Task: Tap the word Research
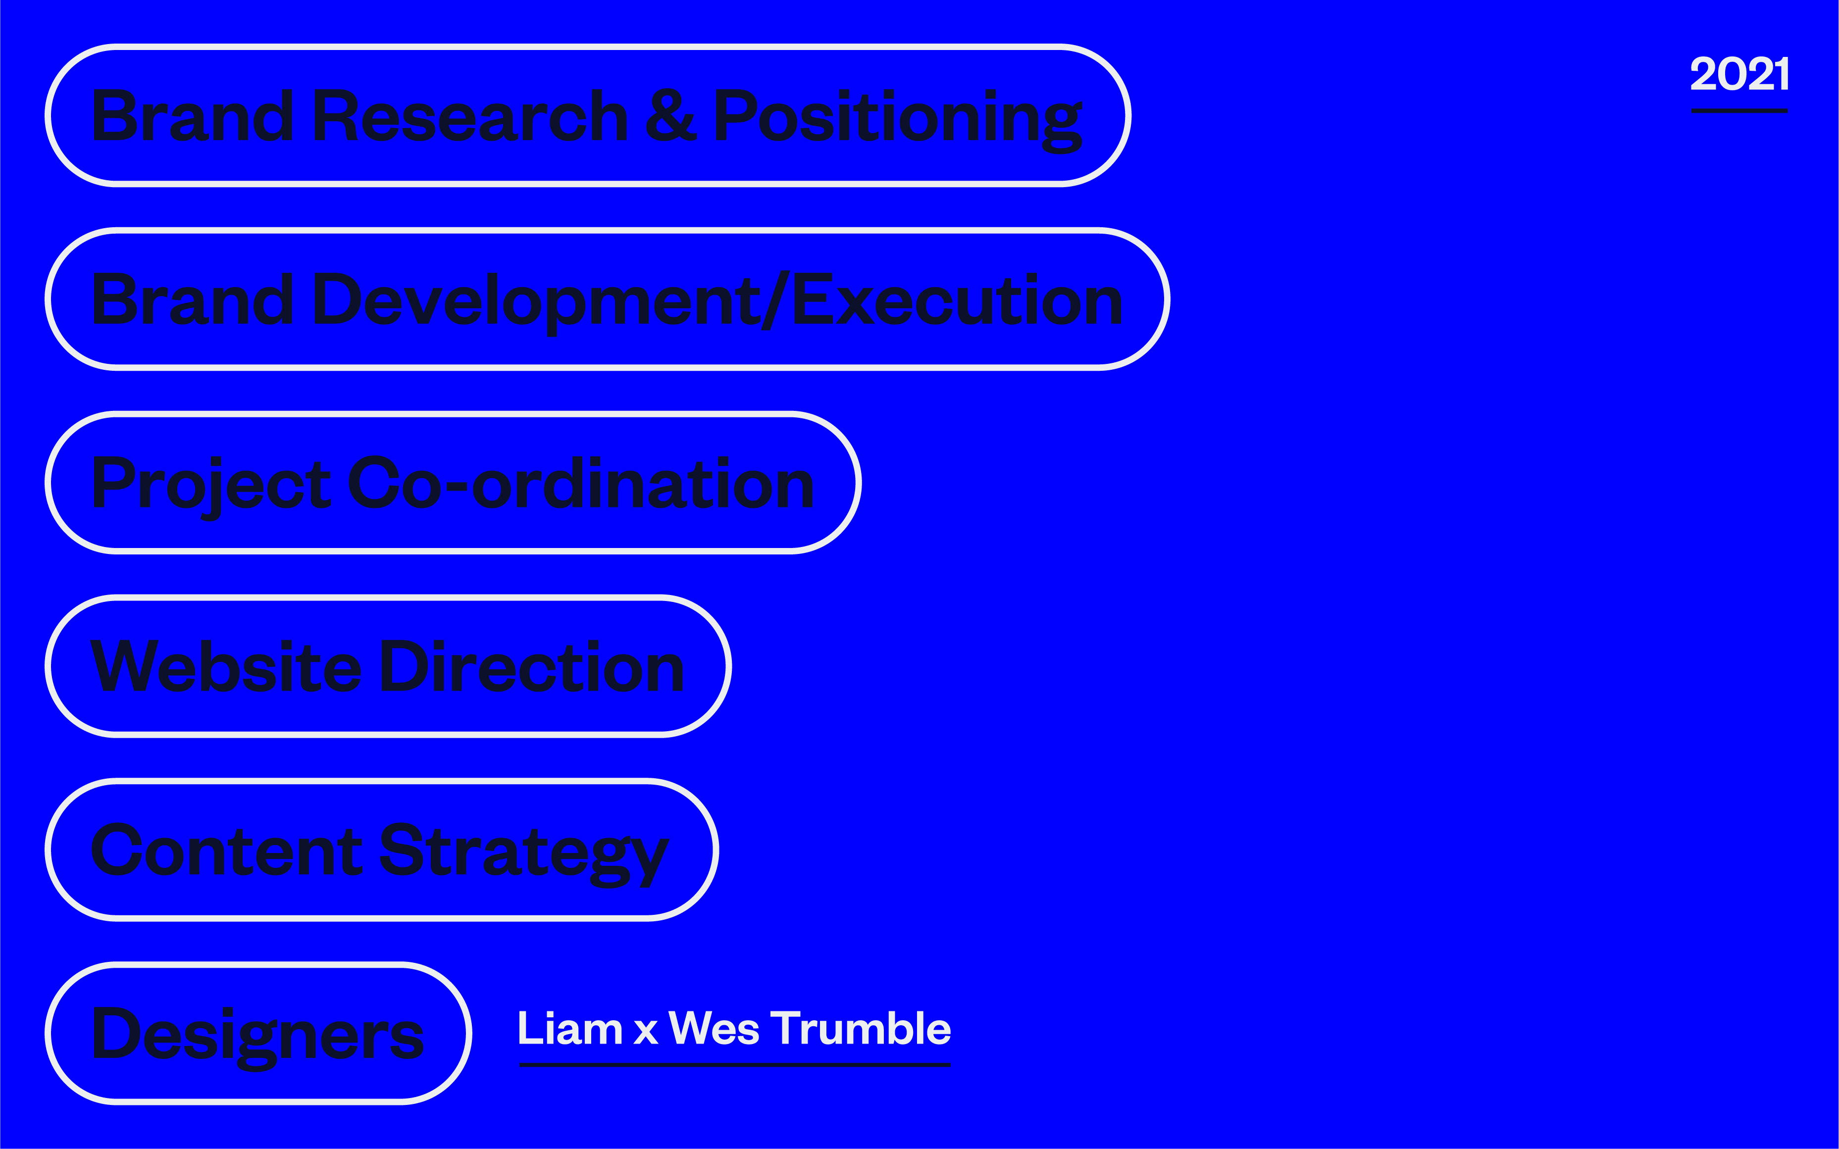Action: coord(470,115)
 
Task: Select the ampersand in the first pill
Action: coord(670,115)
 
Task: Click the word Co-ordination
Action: coord(581,483)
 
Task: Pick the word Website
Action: coord(226,666)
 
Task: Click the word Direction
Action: coord(532,666)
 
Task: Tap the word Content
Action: coord(226,849)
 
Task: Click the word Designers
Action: coord(257,1037)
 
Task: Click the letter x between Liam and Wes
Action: coord(646,1032)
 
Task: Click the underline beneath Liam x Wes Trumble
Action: coord(735,1065)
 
